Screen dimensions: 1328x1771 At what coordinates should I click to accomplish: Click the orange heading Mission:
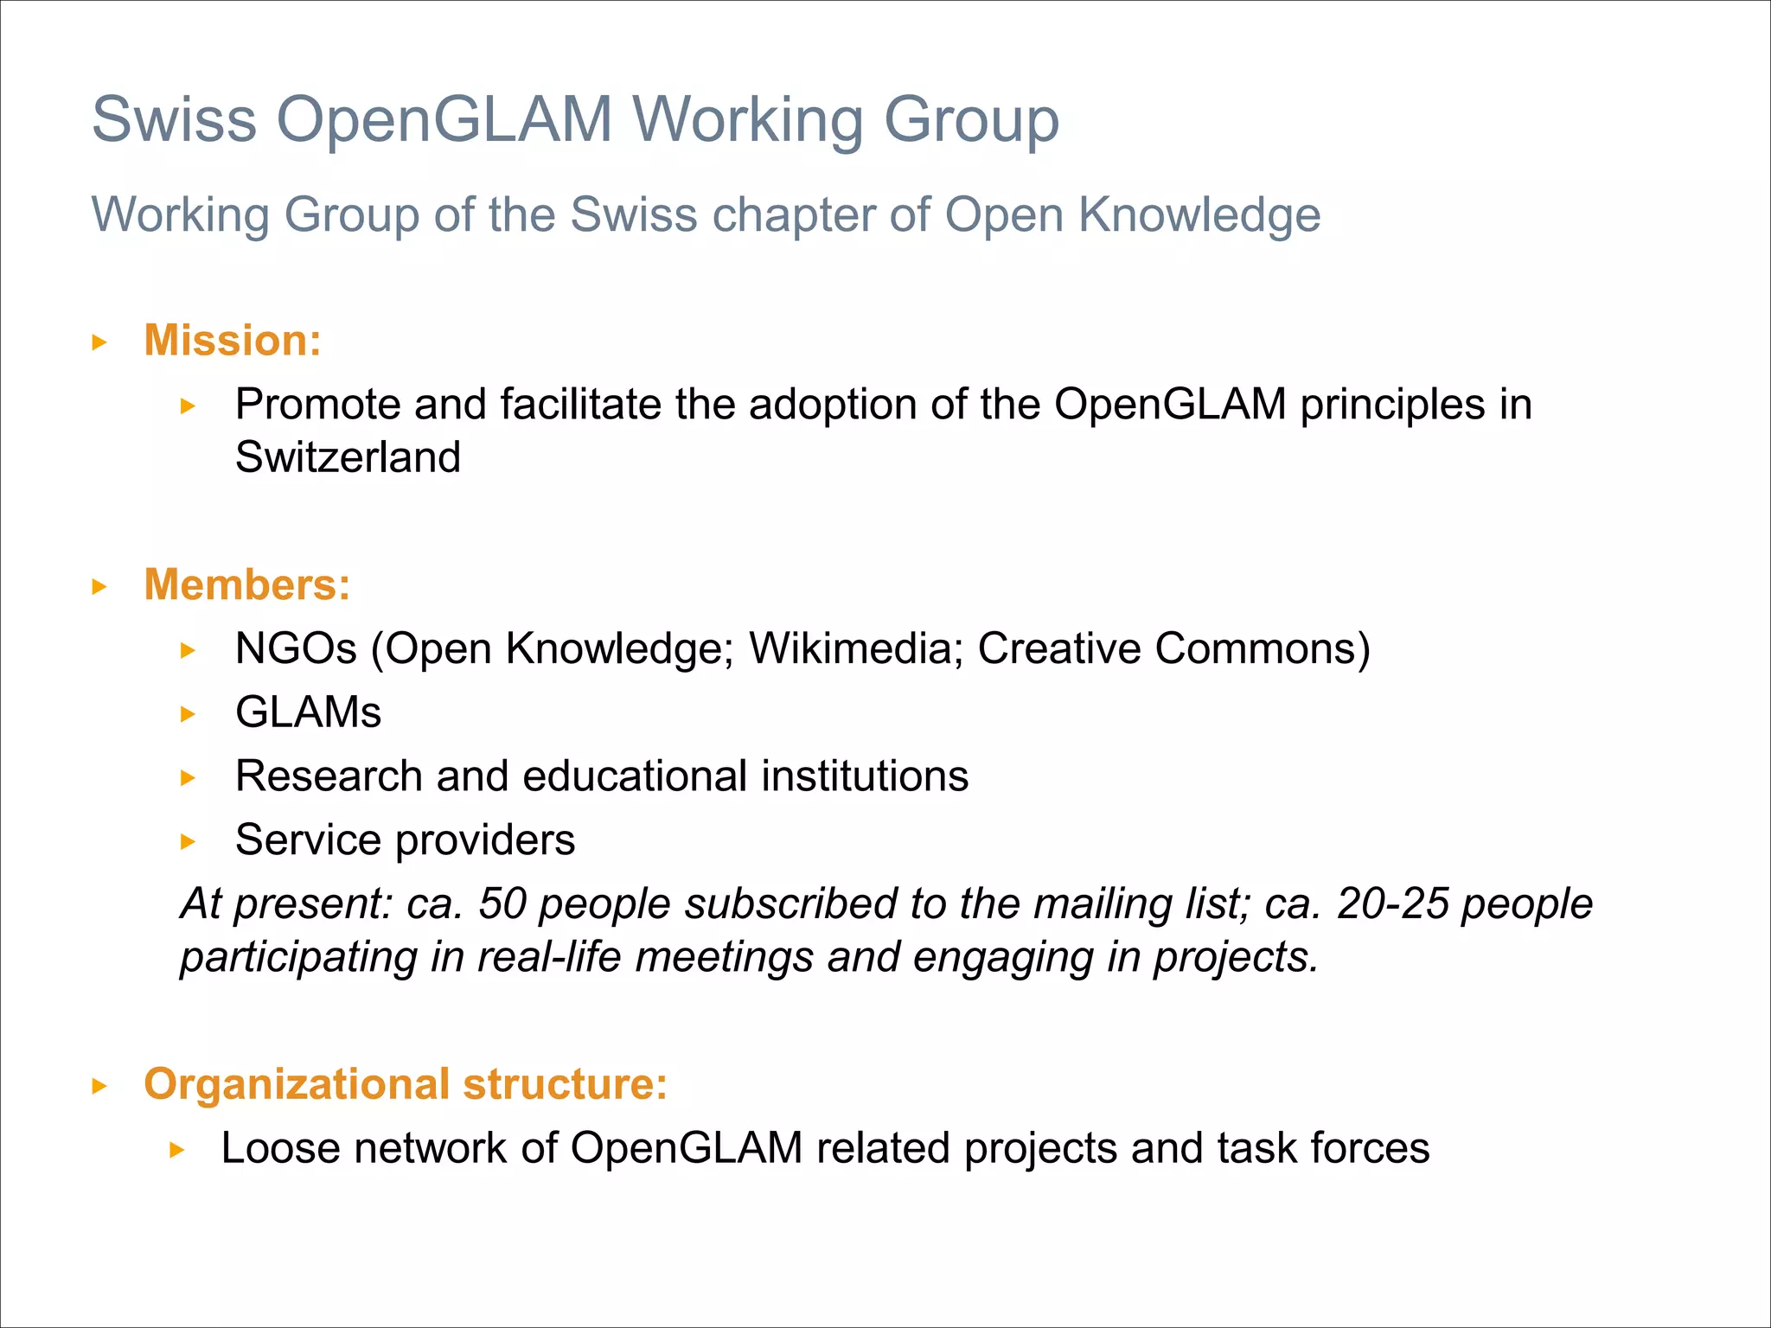[232, 341]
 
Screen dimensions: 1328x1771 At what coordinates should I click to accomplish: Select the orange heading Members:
[247, 585]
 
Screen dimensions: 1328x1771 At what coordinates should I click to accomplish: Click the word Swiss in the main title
[174, 119]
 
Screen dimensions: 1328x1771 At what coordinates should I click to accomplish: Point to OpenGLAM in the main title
[444, 119]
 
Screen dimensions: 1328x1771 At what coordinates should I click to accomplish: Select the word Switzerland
[348, 457]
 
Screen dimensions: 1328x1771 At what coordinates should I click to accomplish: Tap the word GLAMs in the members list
[308, 712]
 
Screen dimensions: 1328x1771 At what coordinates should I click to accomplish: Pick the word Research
[329, 776]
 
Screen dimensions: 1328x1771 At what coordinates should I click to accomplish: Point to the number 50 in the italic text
[502, 903]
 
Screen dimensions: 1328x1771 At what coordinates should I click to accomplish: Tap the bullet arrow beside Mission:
[99, 342]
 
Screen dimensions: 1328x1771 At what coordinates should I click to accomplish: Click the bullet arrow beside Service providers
[189, 841]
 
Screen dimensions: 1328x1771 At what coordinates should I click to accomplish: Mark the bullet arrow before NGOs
[189, 650]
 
